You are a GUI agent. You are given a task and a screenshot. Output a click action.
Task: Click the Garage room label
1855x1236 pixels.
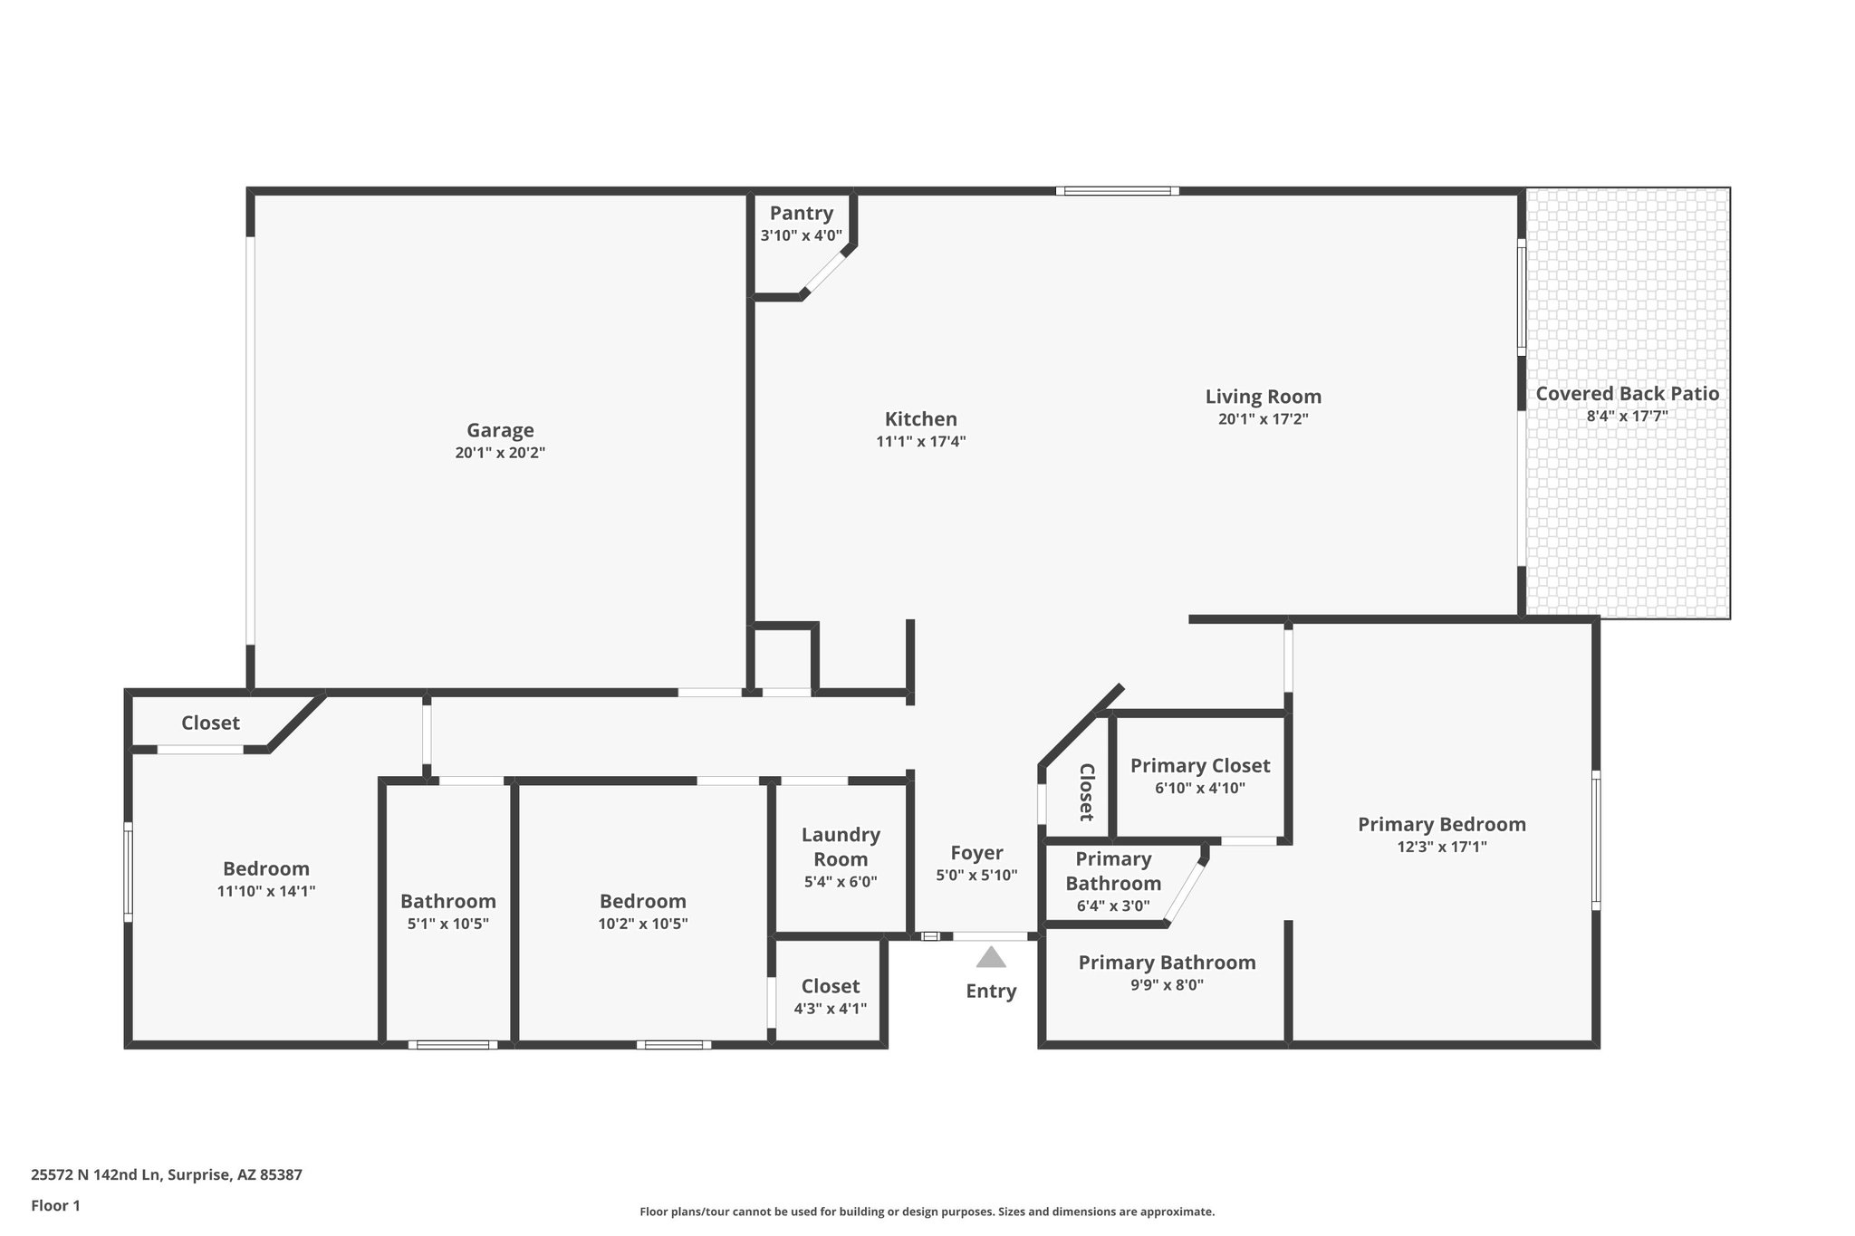(x=500, y=431)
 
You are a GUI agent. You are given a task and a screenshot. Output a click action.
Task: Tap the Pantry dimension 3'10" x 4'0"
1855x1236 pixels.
(x=801, y=235)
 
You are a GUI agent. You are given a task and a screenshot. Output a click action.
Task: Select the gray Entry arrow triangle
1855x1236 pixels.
(x=991, y=958)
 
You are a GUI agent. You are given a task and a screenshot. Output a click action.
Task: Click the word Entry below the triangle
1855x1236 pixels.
(x=991, y=991)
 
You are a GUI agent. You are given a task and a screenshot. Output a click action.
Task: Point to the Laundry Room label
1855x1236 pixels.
(x=841, y=847)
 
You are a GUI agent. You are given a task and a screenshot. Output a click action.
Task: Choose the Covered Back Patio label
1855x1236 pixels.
(x=1627, y=394)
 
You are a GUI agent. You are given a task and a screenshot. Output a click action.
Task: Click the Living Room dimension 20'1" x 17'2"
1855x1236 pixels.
(x=1263, y=419)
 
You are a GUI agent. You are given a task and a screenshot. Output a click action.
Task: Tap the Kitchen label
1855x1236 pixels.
(x=920, y=419)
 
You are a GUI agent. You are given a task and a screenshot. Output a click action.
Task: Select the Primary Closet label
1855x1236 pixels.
(x=1199, y=766)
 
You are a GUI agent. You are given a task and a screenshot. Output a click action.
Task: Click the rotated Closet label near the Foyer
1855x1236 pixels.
(x=1087, y=792)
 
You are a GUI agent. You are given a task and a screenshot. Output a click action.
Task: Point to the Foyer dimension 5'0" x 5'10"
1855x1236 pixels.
(x=976, y=876)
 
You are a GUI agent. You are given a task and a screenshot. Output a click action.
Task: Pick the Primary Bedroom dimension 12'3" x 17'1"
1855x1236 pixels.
(x=1441, y=848)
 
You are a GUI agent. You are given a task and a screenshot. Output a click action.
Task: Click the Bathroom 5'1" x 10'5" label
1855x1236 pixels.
(x=447, y=902)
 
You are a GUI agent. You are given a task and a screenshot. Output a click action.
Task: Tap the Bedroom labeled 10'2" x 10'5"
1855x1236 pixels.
(x=642, y=902)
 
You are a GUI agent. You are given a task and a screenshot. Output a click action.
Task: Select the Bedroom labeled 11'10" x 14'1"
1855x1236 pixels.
(x=265, y=869)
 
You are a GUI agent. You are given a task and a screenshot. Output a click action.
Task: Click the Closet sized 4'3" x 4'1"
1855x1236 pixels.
(x=830, y=986)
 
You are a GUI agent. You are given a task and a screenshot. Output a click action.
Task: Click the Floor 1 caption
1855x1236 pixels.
(x=56, y=1205)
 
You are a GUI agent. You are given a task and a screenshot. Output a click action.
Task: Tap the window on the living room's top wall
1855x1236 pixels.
(x=1117, y=191)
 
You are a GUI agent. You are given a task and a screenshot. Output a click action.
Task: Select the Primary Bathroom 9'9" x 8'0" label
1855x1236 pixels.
(x=1167, y=963)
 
